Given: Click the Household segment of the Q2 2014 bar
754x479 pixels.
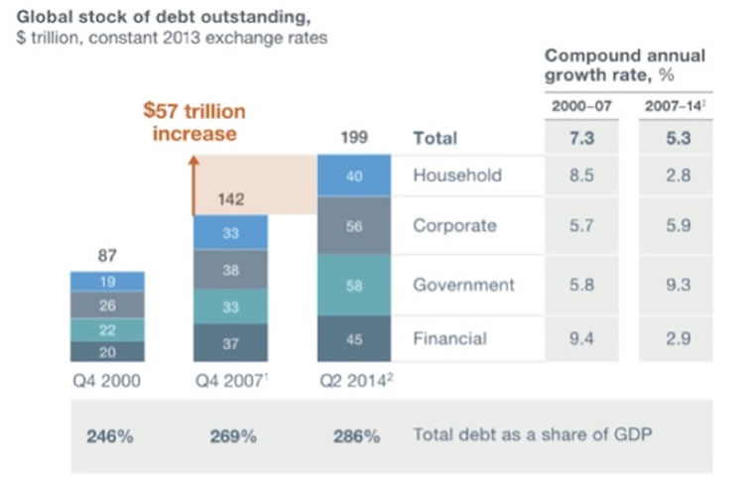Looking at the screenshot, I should click(354, 176).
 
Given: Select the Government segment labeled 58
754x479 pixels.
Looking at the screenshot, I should click(354, 285).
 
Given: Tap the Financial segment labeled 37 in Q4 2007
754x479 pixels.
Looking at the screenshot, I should click(230, 342).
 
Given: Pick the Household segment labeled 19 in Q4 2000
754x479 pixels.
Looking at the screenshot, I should click(107, 282).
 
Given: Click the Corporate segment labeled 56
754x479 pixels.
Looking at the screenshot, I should click(354, 225).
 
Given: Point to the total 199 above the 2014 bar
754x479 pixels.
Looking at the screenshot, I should click(354, 138).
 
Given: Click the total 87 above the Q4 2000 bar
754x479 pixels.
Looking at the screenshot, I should click(107, 256).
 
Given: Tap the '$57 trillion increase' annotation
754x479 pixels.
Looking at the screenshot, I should click(194, 121).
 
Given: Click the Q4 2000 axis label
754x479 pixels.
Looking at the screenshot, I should click(107, 379).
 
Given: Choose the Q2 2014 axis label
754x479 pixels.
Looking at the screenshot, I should click(355, 379).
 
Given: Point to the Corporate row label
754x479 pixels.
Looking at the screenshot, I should click(454, 225).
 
